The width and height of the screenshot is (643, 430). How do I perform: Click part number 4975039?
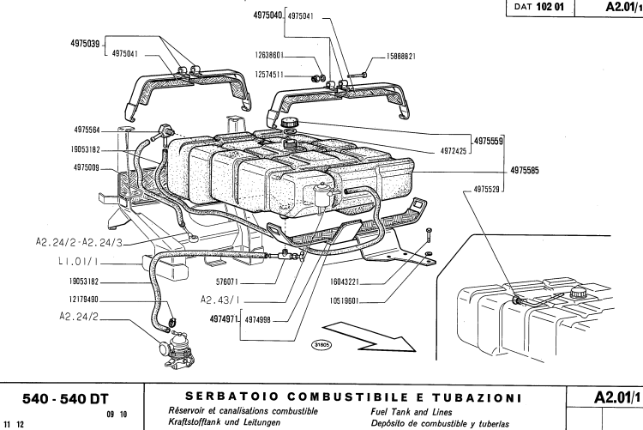(x=85, y=42)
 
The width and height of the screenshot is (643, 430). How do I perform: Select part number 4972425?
(x=448, y=151)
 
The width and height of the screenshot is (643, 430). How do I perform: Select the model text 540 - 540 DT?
(x=56, y=398)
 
